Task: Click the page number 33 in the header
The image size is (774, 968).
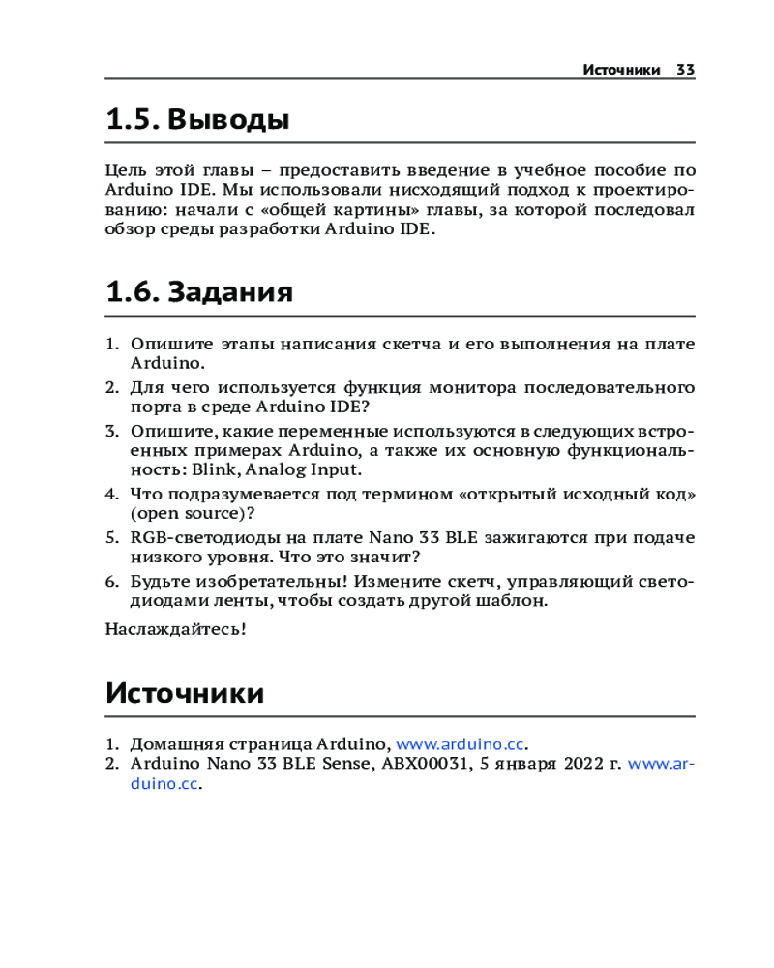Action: pos(685,70)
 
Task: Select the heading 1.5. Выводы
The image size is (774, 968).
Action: pos(197,121)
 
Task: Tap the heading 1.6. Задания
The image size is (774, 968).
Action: pos(199,291)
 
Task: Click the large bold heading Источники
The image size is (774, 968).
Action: pos(184,693)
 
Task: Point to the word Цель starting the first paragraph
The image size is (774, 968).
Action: pos(124,168)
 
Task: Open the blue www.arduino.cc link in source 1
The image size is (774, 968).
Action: pos(461,744)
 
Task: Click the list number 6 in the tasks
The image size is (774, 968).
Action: pos(110,581)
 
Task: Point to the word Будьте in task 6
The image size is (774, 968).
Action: pos(157,581)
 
